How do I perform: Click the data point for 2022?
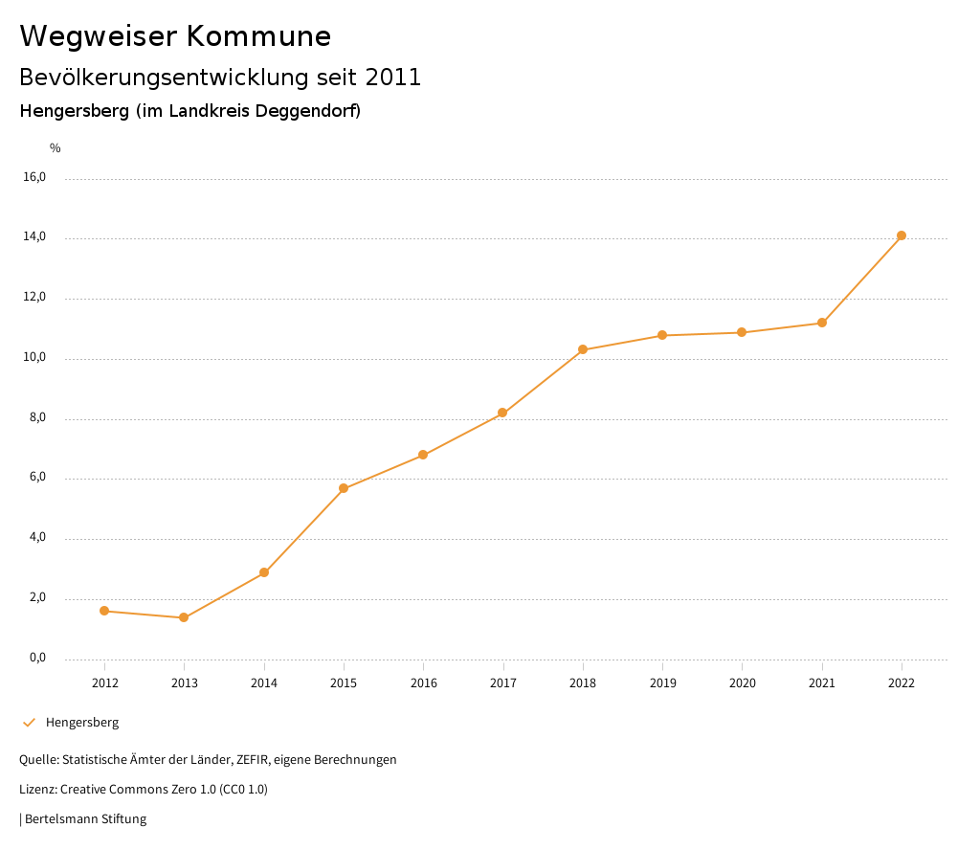click(x=902, y=235)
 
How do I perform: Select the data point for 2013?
click(x=184, y=617)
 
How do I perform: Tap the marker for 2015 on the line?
click(x=344, y=488)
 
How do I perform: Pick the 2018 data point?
click(x=583, y=349)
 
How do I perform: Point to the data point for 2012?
click(x=104, y=611)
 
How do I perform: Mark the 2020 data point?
click(x=742, y=332)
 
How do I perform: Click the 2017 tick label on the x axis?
click(x=503, y=682)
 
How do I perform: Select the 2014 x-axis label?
click(x=264, y=682)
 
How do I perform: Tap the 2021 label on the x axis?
click(x=822, y=682)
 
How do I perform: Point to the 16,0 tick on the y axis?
click(x=35, y=177)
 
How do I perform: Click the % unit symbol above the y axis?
click(x=56, y=148)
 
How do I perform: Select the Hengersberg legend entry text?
click(x=82, y=723)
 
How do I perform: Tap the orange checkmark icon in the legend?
click(x=29, y=723)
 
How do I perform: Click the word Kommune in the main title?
click(x=258, y=36)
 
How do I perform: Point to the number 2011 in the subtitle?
click(x=393, y=78)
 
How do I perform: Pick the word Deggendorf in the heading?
click(x=305, y=111)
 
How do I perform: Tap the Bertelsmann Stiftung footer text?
click(x=85, y=819)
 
